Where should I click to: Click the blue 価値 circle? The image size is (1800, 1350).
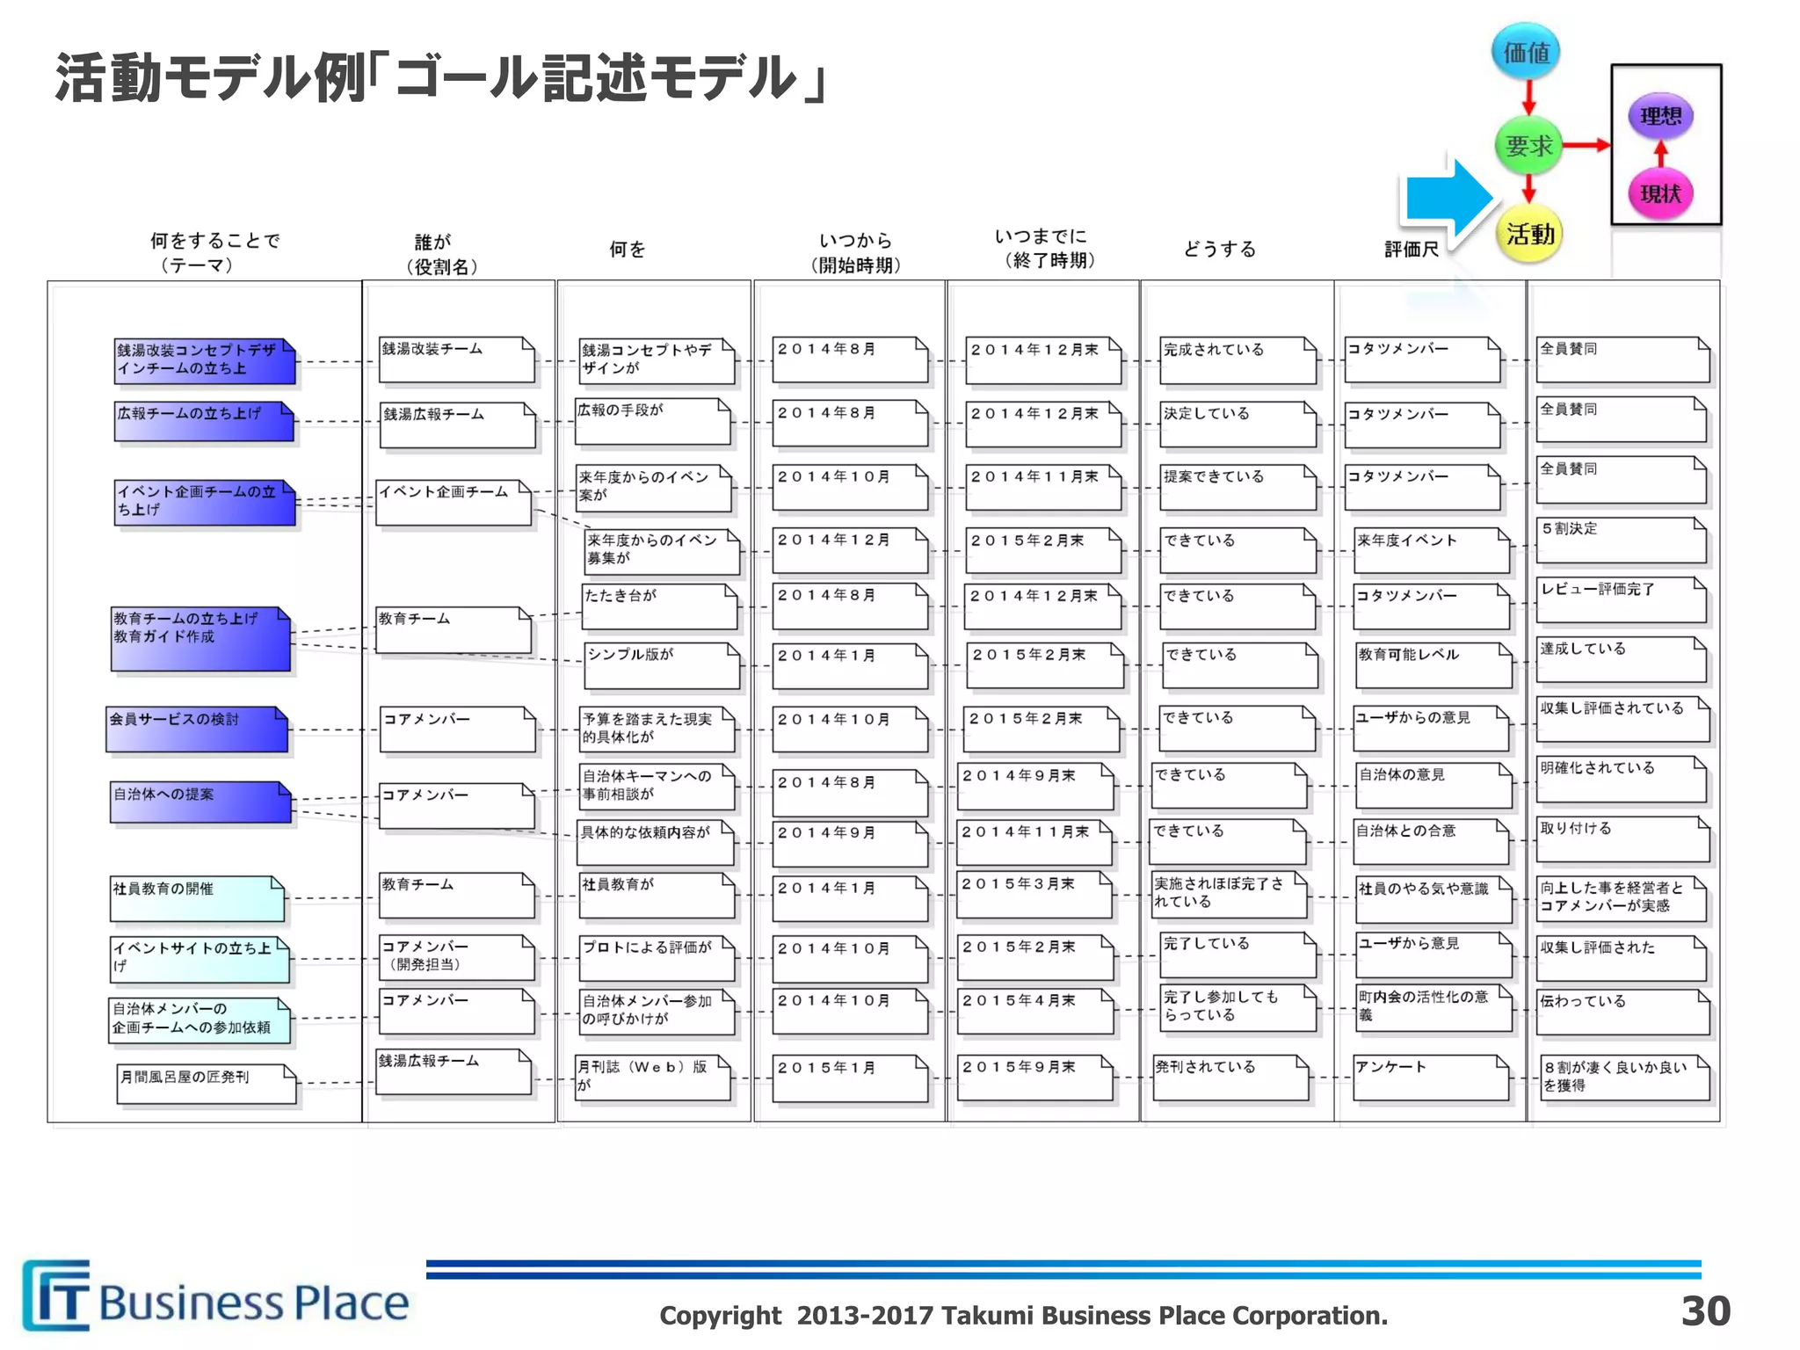[x=1527, y=52]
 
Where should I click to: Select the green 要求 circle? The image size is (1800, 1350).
[x=1528, y=145]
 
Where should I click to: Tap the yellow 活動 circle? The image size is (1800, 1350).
[x=1529, y=234]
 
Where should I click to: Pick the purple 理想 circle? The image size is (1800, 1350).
[x=1660, y=116]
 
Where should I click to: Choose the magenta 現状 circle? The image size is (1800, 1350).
[x=1660, y=193]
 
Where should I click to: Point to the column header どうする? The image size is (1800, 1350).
[x=1219, y=250]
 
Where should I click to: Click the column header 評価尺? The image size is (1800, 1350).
[x=1412, y=250]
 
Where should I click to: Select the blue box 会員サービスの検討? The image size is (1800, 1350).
[x=197, y=729]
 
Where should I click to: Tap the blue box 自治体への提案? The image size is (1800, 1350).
[x=200, y=802]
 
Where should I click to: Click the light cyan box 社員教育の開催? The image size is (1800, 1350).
[x=197, y=897]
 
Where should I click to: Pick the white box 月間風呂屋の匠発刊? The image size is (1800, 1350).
[x=207, y=1084]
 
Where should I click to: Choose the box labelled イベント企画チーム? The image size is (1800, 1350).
[x=454, y=502]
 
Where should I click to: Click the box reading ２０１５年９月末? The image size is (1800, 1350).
[x=1035, y=1077]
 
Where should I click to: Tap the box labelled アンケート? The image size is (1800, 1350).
[x=1431, y=1077]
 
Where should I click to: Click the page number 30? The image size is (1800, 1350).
[x=1705, y=1310]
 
